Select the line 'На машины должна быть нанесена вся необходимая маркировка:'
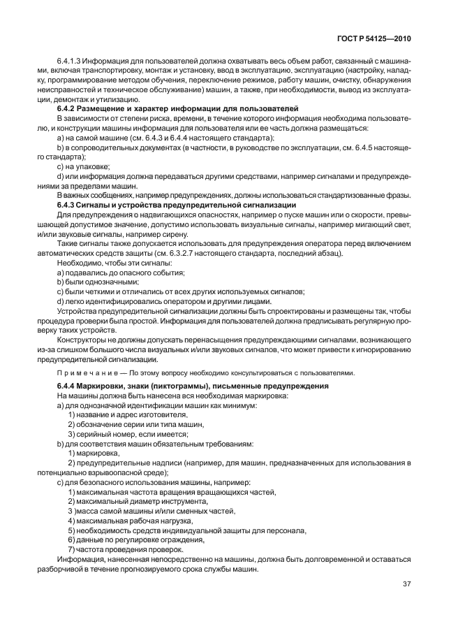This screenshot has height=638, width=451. pyautogui.click(x=155, y=396)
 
